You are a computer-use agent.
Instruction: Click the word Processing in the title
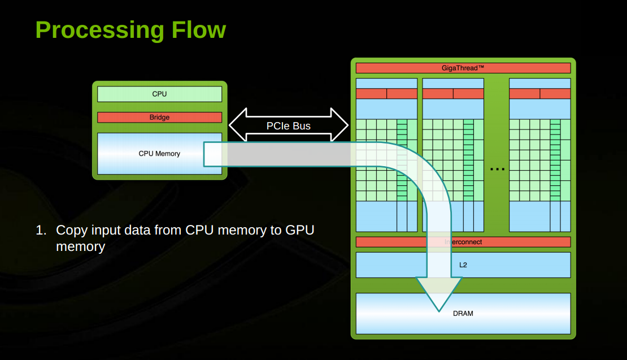(99, 31)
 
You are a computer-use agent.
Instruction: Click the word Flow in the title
(199, 30)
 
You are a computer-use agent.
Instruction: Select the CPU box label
(159, 94)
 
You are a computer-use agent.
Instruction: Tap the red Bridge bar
(159, 117)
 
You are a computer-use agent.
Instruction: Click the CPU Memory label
(159, 154)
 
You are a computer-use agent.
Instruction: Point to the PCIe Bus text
(288, 126)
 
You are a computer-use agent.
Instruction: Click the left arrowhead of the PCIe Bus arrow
(237, 125)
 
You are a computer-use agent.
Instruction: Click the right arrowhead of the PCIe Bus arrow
(340, 125)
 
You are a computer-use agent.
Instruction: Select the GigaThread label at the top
(459, 68)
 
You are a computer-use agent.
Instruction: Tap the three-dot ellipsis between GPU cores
(497, 169)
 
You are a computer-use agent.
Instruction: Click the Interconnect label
(463, 242)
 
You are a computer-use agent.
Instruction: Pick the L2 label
(463, 265)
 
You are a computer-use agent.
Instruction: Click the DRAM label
(463, 314)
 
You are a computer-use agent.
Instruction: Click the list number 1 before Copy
(41, 230)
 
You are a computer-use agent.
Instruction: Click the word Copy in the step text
(72, 231)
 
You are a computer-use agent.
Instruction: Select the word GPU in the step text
(299, 230)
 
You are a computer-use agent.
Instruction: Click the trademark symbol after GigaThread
(481, 67)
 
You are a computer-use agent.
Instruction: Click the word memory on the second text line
(80, 247)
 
